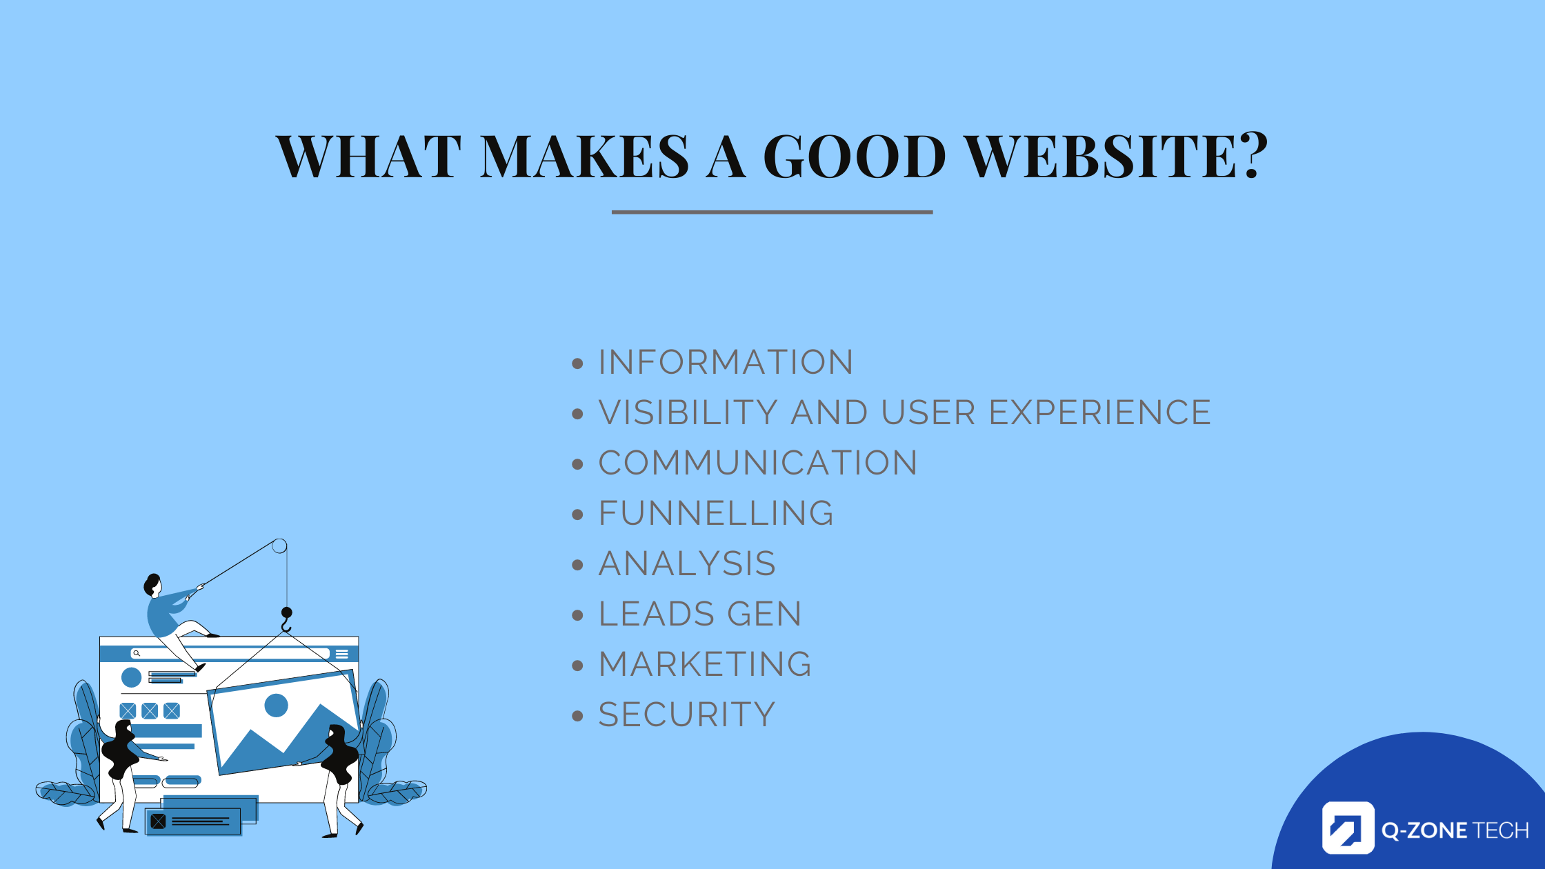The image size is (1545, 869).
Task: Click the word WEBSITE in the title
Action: point(1101,156)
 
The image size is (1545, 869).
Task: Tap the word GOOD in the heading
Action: point(855,156)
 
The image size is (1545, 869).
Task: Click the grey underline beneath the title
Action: point(772,212)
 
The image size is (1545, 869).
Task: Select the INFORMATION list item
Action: point(726,362)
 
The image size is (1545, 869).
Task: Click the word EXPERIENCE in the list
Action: point(1100,412)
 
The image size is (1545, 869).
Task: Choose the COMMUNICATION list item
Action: point(758,463)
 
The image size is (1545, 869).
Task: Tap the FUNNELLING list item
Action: point(716,513)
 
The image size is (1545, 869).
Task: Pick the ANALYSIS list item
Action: point(687,563)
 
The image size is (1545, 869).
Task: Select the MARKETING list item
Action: point(705,664)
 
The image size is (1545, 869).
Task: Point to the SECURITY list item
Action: point(687,715)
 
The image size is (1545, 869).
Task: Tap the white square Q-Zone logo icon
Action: point(1348,828)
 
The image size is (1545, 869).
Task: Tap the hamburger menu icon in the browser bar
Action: point(342,654)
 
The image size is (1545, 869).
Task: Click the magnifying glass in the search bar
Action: point(137,653)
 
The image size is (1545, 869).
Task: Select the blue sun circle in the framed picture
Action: point(276,706)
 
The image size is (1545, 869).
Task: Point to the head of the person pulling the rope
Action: point(152,585)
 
